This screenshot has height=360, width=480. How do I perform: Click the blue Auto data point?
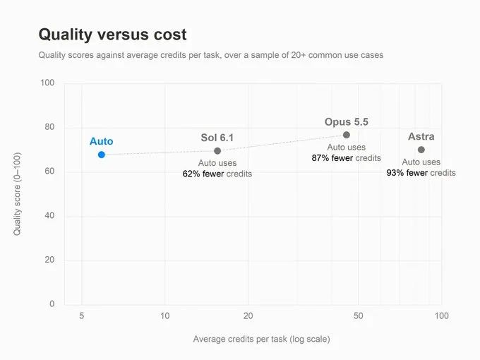[102, 155]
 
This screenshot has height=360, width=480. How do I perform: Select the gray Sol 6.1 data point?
[217, 150]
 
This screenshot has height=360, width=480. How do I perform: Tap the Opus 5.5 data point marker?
[346, 135]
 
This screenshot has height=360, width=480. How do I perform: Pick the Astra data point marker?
[421, 150]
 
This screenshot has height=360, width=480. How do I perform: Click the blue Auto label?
[102, 141]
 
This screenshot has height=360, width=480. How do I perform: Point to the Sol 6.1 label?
[217, 138]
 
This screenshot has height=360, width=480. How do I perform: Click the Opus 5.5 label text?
[346, 121]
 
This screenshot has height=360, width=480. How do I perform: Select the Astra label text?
[421, 136]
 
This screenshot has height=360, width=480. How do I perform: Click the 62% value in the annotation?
[191, 174]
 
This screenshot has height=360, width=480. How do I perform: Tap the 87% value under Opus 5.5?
[320, 157]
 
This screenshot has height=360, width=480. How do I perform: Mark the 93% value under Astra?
[395, 173]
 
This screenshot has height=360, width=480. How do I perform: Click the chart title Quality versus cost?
[112, 35]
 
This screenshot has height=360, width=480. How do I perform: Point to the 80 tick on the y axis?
[49, 127]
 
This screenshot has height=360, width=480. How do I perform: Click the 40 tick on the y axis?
[49, 215]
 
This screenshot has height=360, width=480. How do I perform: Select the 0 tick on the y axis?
[52, 304]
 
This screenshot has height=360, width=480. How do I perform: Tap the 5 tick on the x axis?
[81, 316]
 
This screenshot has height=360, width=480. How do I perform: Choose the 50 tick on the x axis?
[358, 316]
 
